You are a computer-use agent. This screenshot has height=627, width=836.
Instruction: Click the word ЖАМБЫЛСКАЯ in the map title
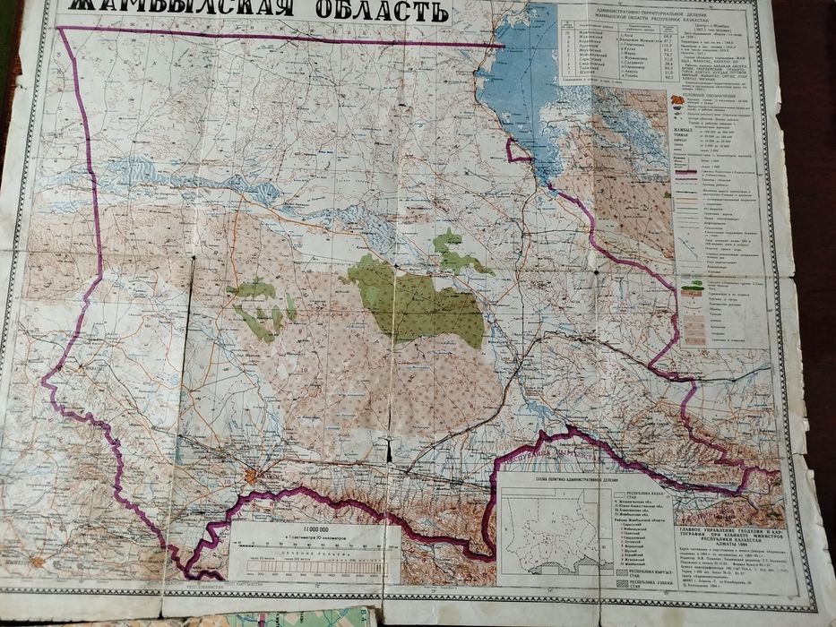pos(175,13)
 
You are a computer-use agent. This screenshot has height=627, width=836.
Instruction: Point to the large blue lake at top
pos(529,81)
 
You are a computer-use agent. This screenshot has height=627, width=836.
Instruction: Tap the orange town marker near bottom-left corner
pos(36,562)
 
